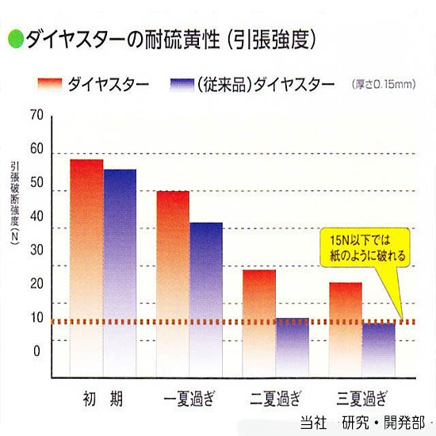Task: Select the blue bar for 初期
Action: click(120, 273)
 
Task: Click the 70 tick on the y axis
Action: click(36, 115)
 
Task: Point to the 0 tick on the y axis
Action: click(36, 351)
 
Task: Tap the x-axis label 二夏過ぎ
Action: click(275, 396)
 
